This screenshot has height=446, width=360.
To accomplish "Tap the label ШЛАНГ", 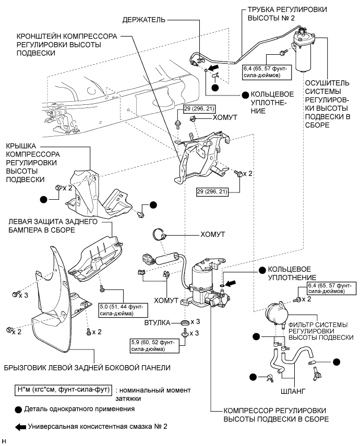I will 294,389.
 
